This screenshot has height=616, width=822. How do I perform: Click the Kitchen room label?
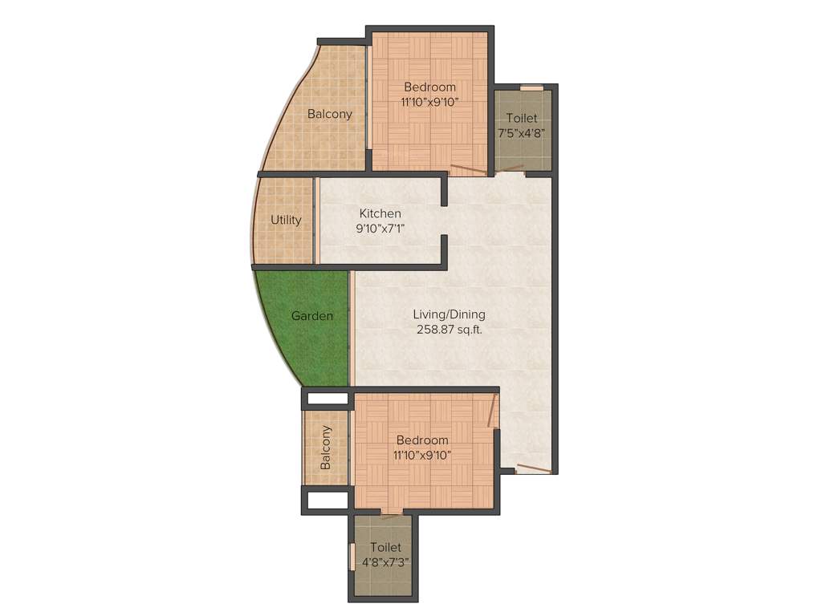[380, 213]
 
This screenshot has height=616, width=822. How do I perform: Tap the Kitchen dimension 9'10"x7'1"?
[380, 228]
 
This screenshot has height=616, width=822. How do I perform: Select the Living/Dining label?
[449, 314]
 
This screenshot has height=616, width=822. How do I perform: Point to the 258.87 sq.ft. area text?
[449, 329]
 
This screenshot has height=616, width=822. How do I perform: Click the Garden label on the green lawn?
[311, 316]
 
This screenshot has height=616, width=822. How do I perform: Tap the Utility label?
[286, 220]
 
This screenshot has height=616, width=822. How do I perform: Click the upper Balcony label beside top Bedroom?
[329, 114]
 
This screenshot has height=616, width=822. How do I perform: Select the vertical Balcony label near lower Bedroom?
[326, 448]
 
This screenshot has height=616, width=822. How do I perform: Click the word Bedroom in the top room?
[429, 87]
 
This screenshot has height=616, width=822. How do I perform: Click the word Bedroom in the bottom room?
[422, 440]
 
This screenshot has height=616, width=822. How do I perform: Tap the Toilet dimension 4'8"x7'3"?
[380, 561]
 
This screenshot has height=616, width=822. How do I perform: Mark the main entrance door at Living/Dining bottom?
[533, 469]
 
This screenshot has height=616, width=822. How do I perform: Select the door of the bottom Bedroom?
[492, 411]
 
